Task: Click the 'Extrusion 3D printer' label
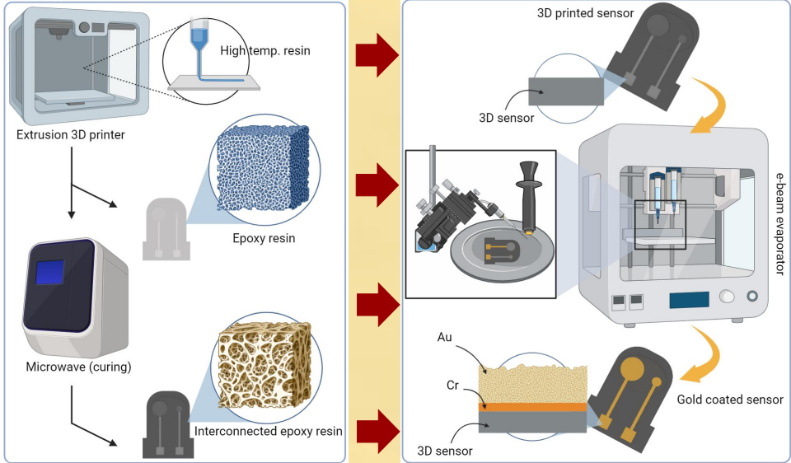[71, 134]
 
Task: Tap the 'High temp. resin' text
[264, 50]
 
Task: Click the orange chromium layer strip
[532, 406]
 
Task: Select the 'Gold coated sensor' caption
[729, 400]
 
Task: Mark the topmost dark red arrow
[377, 56]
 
